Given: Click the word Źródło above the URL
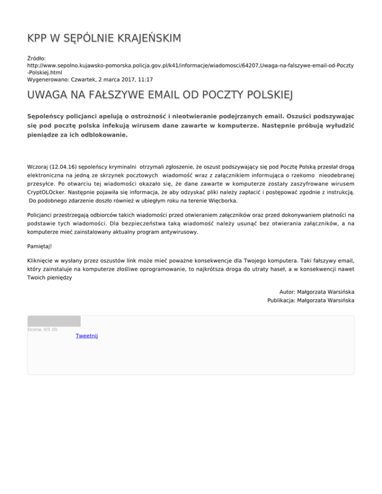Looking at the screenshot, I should tap(36, 58).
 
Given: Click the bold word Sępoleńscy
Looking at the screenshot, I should tap(48, 115).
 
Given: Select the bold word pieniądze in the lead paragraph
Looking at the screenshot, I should tap(45, 135).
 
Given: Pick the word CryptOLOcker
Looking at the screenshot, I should tap(47, 191).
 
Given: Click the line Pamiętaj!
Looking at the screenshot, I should tap(39, 246).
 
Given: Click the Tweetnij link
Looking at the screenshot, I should tap(87, 336).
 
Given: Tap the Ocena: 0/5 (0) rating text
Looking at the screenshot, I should tap(42, 329).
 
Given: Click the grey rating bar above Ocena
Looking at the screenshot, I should tap(54, 321).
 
